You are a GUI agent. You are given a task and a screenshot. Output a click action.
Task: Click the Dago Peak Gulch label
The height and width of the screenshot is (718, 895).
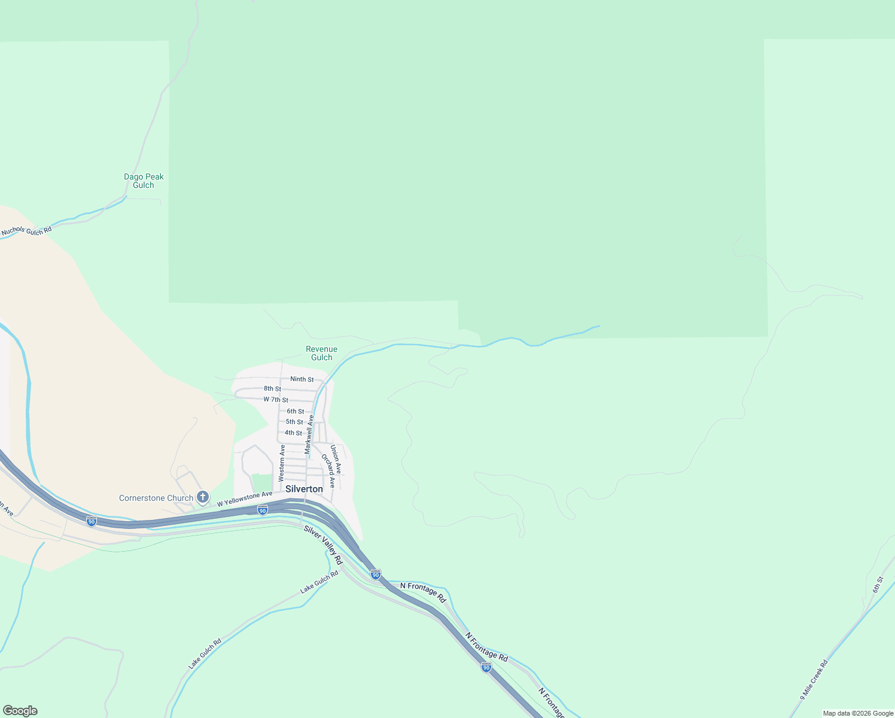(144, 181)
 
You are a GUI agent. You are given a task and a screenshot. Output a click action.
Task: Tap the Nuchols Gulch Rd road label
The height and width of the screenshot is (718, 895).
(26, 230)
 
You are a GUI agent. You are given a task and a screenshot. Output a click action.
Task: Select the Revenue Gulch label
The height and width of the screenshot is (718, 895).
(321, 353)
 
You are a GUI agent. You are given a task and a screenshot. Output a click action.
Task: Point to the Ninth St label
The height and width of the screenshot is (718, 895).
(302, 379)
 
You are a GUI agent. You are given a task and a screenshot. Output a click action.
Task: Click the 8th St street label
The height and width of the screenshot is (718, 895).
(272, 389)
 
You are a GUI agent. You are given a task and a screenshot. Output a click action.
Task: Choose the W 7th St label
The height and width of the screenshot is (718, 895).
(276, 400)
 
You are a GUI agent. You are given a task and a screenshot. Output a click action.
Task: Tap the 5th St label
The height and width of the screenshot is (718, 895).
(294, 422)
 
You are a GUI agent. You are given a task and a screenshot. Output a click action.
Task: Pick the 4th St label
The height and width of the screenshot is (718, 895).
(293, 433)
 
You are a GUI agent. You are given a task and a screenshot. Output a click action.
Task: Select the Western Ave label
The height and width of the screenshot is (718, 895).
(282, 463)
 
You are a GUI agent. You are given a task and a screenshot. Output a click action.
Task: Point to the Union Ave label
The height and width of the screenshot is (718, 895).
(336, 460)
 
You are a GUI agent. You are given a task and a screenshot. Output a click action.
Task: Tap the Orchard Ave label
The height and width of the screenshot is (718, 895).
(328, 470)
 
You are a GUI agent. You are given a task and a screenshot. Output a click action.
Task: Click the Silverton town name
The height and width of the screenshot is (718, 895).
(304, 489)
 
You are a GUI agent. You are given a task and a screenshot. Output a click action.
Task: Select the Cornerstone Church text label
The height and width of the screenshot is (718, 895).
(156, 498)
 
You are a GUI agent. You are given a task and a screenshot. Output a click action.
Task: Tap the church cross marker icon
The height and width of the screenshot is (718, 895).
(203, 497)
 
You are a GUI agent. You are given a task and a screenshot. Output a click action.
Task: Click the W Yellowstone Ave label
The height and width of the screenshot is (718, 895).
(245, 499)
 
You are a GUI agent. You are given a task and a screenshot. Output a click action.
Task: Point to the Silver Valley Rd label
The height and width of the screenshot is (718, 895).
(322, 545)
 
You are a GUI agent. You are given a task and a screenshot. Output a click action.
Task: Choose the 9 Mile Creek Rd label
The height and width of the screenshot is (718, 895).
(814, 680)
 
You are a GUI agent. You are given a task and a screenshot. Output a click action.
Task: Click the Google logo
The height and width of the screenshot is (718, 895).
(20, 711)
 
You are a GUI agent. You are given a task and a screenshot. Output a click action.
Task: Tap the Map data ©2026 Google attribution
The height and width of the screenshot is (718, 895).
(858, 713)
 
